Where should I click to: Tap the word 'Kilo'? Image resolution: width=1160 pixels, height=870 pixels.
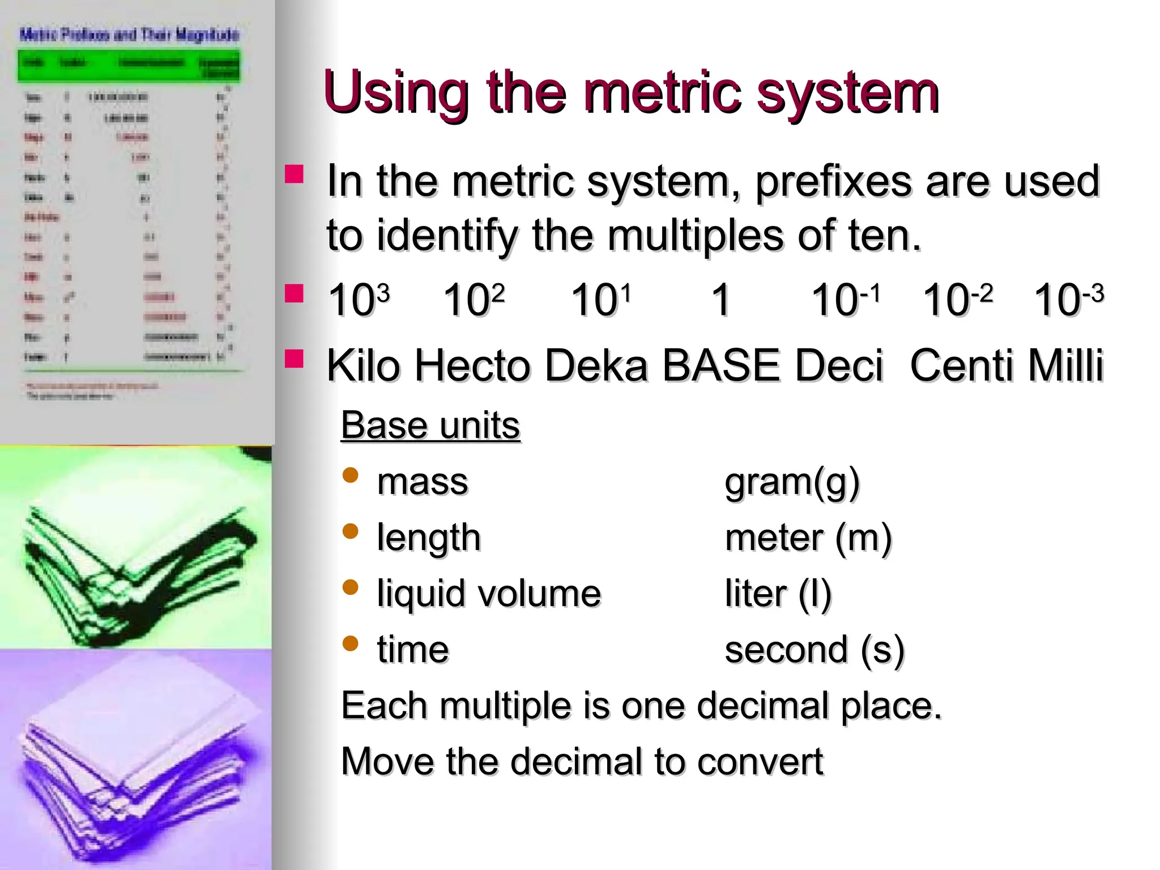pos(363,365)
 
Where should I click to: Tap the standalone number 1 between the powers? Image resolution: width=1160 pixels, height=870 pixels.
pos(720,300)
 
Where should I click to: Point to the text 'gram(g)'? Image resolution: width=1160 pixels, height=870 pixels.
pos(792,483)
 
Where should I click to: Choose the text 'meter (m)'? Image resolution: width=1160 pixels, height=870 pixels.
pos(808,538)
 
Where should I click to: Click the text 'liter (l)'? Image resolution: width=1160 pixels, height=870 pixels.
pos(778,594)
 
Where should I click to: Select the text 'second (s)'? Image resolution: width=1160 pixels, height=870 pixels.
pos(814,650)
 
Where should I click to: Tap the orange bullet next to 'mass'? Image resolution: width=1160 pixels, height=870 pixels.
pos(351,475)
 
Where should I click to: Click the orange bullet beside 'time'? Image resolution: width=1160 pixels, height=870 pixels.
pos(351,643)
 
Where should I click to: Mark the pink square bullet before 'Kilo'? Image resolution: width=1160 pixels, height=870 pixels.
pos(295,359)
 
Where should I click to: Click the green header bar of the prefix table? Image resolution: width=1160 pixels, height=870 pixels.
pos(129,66)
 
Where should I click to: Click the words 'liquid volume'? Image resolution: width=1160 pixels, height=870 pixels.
pos(489,594)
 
